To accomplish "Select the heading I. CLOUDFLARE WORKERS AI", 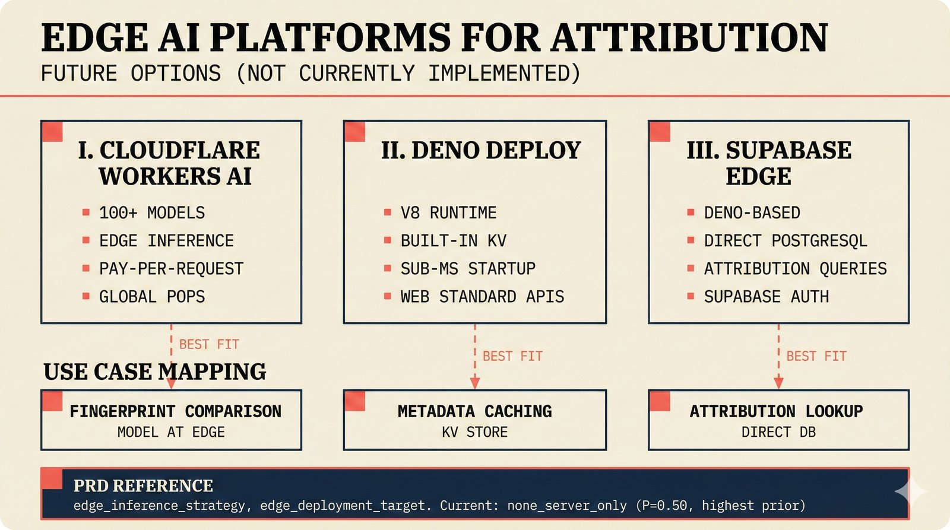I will coord(170,163).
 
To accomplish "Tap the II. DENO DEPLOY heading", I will coord(481,150).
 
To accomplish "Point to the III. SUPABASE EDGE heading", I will coord(769,163).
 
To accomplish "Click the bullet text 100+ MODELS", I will coord(152,212).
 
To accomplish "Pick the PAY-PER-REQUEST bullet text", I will coord(171,269).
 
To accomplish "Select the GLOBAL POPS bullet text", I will coord(152,297).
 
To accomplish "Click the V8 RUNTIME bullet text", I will coord(448,212).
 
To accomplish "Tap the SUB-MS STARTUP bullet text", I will coord(468,269).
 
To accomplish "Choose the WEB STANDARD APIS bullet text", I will coord(482,297).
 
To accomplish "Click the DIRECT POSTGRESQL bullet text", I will coord(786,240).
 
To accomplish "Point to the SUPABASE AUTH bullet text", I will coord(766,297).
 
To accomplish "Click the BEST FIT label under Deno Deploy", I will coord(512,356).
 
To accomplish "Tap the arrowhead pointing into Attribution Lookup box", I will coord(778,383).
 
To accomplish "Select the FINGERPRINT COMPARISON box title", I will coord(175,411).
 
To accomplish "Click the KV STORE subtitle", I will coord(474,432).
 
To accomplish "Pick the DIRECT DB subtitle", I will coord(778,432).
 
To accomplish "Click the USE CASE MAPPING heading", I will coord(155,372).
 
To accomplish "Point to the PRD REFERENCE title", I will coord(143,486).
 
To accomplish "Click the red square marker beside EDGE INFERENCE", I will coord(86,240).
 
